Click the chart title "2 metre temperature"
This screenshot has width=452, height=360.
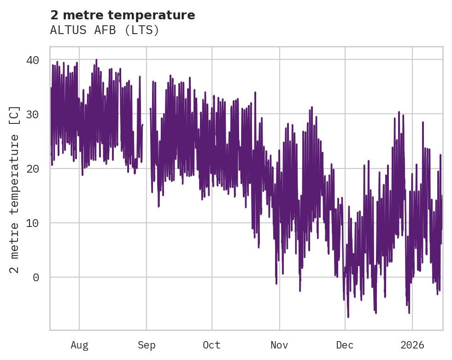click(x=123, y=15)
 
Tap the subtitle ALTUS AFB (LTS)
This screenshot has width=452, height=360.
click(x=105, y=30)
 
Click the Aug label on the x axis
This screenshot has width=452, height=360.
click(x=79, y=345)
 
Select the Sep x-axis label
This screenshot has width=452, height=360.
click(x=147, y=345)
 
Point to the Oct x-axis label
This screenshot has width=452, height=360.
click(x=212, y=345)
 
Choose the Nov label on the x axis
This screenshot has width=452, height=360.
click(x=279, y=345)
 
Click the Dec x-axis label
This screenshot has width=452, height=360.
click(x=345, y=345)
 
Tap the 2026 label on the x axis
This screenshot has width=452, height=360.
click(x=412, y=345)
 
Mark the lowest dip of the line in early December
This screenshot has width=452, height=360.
click(x=348, y=317)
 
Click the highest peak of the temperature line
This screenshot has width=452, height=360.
click(x=96, y=60)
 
